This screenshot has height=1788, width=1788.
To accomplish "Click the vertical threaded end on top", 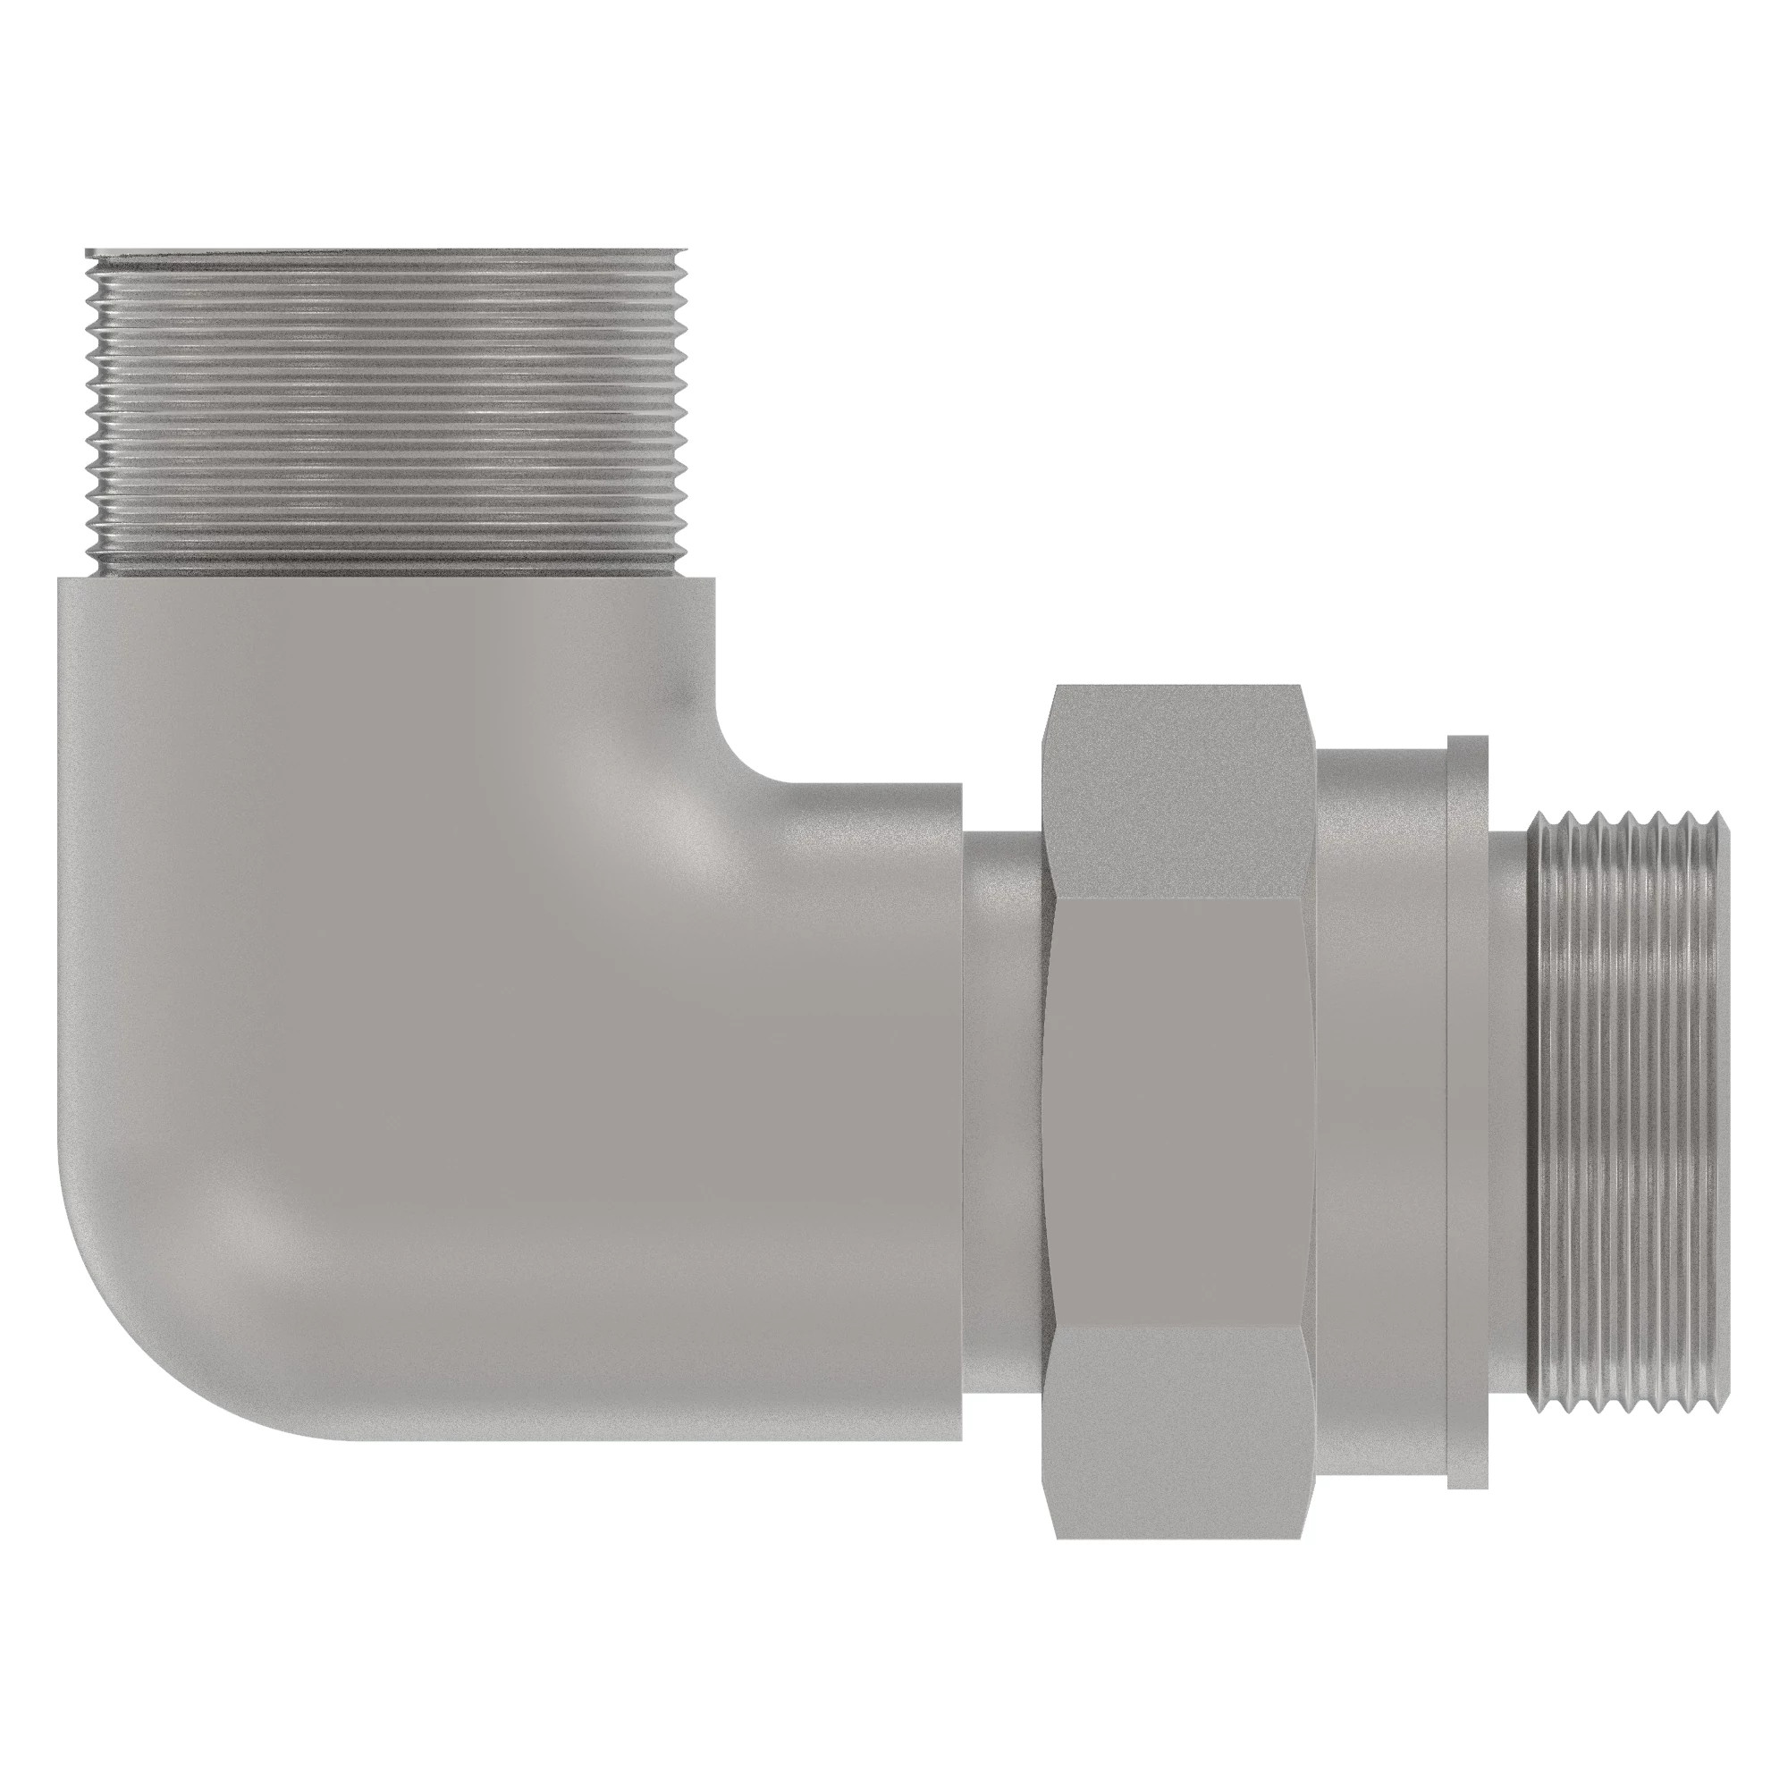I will [387, 412].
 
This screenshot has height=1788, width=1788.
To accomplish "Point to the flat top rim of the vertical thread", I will [387, 252].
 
